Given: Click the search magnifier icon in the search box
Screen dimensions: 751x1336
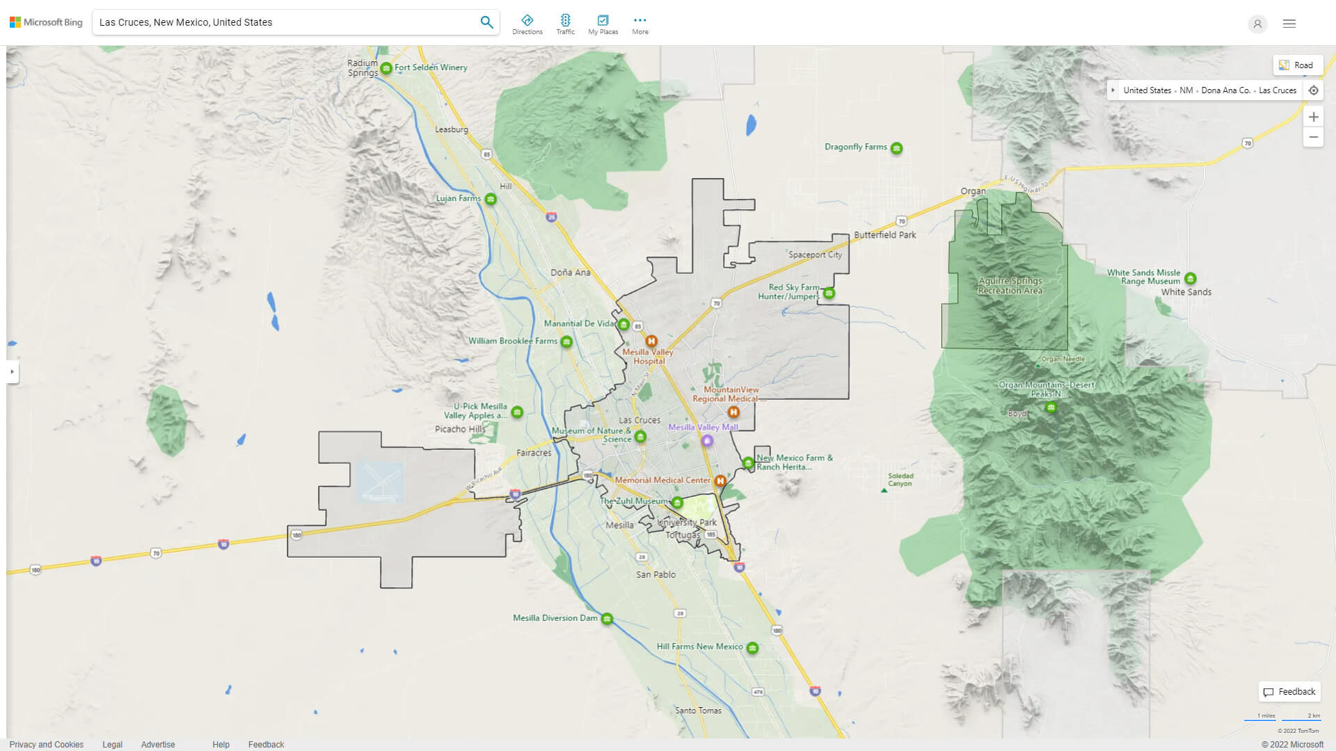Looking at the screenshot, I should coord(486,22).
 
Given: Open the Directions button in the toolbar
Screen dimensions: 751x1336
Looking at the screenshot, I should coord(527,24).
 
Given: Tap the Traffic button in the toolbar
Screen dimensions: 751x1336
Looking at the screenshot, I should coord(565,24).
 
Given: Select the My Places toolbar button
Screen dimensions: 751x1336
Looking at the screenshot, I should coord(603,24).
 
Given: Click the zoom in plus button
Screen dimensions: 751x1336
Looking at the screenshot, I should coord(1313,117).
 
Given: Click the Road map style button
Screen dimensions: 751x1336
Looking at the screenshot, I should coord(1297,65).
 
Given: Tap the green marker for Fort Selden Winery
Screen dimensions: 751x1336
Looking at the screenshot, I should coord(386,68).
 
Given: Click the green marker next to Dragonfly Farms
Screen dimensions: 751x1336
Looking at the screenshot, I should coord(897,148).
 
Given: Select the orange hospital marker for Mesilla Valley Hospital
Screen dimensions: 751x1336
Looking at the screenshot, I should coord(651,341).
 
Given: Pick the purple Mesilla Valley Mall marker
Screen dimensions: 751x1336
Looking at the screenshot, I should coord(707,440).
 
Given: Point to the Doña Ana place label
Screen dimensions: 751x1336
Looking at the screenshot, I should coord(571,273).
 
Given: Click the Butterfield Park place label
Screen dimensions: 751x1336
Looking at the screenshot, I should coord(884,235).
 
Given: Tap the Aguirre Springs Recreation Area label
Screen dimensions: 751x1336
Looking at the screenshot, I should coord(1010,286).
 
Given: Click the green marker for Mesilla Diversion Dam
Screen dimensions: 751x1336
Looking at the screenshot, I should coord(607,619).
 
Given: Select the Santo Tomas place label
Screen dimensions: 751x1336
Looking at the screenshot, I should coord(698,711).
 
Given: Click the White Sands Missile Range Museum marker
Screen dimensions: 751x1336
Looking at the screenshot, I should coord(1190,278).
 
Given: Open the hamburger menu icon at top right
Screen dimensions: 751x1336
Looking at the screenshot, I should coord(1289,24).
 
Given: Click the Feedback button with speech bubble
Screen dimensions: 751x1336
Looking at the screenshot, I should coord(1289,692).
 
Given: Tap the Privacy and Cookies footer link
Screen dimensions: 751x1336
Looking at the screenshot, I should coord(46,744).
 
